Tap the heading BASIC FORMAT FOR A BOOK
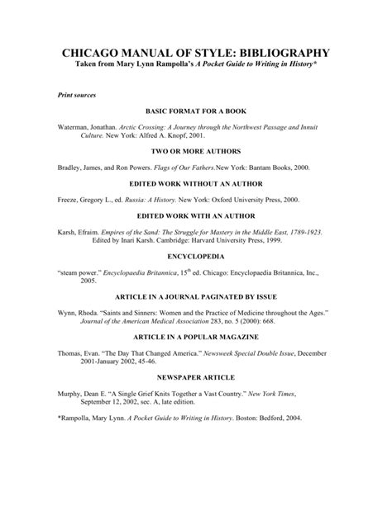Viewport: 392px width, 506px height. point(196,111)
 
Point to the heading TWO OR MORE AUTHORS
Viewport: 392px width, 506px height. point(196,154)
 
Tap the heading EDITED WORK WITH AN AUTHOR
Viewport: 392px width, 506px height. point(196,217)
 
